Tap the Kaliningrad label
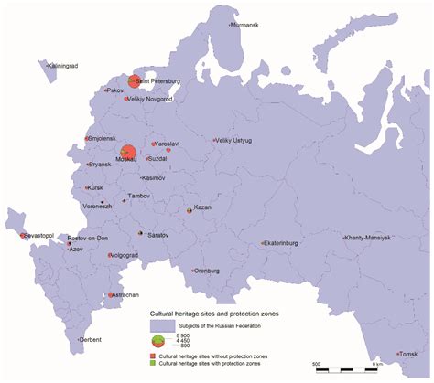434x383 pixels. [x=57, y=65]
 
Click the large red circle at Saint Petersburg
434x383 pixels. [x=135, y=81]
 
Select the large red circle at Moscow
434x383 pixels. [x=127, y=153]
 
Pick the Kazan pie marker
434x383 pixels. [x=190, y=208]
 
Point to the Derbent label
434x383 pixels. [x=91, y=339]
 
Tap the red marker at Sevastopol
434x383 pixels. [x=22, y=236]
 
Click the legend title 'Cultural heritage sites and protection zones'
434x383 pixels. [x=214, y=313]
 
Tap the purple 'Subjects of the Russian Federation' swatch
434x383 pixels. [x=163, y=325]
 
